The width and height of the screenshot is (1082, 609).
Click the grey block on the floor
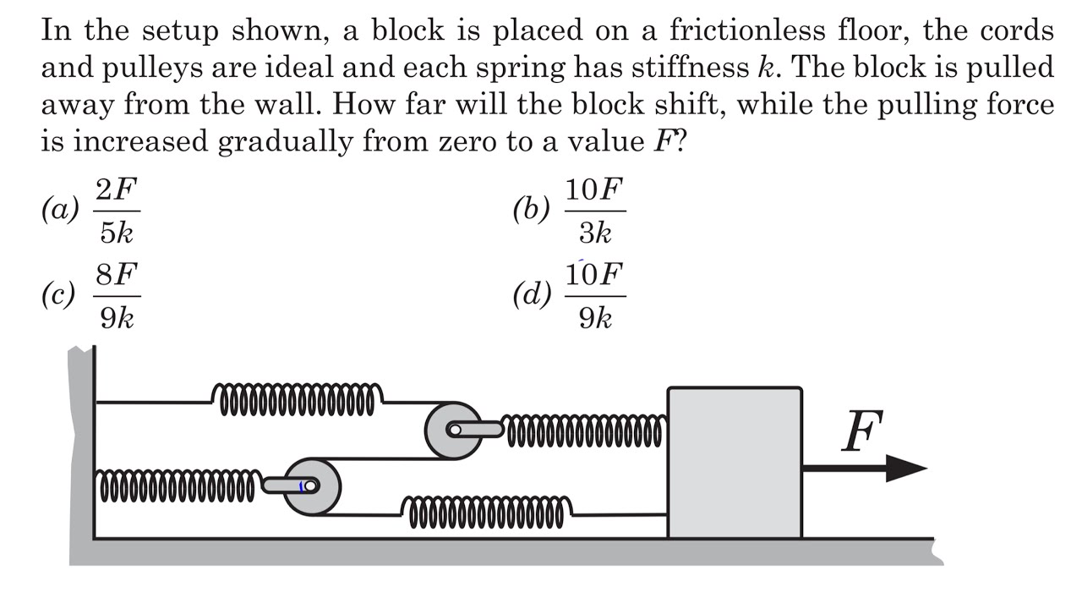[735, 463]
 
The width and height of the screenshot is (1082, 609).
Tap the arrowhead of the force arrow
[906, 468]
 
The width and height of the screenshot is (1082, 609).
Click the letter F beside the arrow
[863, 431]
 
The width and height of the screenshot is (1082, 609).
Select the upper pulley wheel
[453, 431]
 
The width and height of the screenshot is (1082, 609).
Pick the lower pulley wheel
[313, 486]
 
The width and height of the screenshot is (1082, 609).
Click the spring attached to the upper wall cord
[297, 399]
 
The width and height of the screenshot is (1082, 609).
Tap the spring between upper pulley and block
[583, 431]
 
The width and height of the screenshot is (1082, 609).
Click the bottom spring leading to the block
[486, 513]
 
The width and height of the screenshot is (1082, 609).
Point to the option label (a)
[60, 210]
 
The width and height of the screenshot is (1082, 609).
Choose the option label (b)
[532, 210]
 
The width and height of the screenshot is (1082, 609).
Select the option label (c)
[58, 295]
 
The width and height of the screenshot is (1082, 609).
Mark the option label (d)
[532, 295]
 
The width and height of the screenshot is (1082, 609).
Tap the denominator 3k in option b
[596, 233]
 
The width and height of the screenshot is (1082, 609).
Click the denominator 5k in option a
[117, 233]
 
